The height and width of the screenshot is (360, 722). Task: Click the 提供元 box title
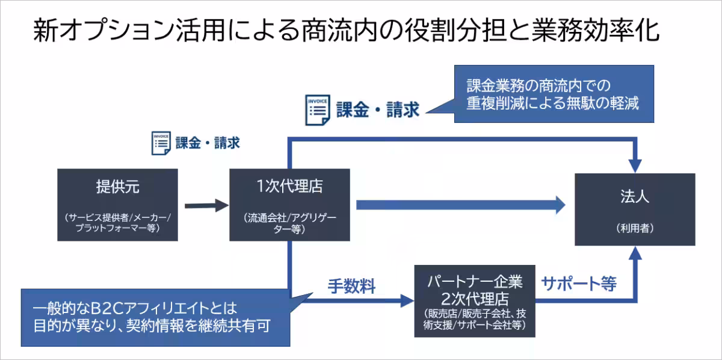coord(117,187)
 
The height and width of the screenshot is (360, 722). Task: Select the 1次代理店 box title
coord(289,186)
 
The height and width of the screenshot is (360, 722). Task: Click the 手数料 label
coord(351,287)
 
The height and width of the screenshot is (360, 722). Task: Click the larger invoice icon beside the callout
coord(316,110)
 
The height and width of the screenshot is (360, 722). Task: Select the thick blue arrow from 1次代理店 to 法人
coord(460,205)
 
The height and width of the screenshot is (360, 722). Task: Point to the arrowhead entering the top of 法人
coord(635,164)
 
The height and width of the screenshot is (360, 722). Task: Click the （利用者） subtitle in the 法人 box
coord(635,229)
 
